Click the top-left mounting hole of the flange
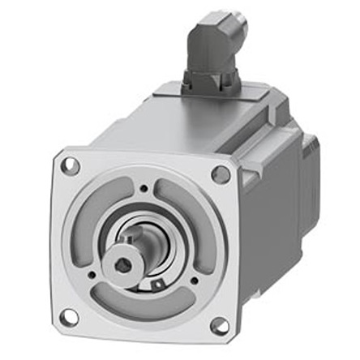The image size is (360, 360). [x=71, y=166]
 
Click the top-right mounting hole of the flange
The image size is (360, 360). [x=220, y=174]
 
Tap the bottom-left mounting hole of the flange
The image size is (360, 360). [x=70, y=316]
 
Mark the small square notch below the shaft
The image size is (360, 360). [x=156, y=285]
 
